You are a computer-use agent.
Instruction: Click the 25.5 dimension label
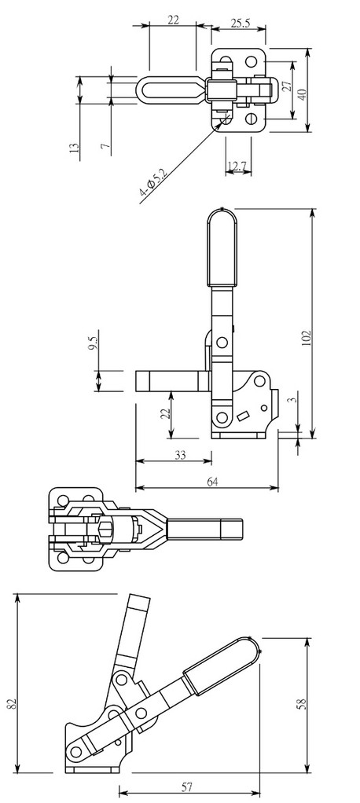(241, 24)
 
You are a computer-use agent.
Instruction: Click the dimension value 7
(105, 145)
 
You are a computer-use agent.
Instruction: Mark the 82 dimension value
(11, 702)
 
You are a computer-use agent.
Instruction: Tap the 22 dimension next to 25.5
(174, 20)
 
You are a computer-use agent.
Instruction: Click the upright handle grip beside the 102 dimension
(221, 247)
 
